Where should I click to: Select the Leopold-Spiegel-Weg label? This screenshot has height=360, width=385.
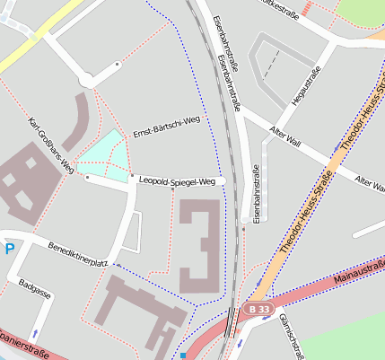(178, 181)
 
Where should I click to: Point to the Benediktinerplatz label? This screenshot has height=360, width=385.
(78, 255)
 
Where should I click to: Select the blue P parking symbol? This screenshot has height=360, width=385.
(8, 249)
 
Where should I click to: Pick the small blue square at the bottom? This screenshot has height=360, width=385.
(183, 356)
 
